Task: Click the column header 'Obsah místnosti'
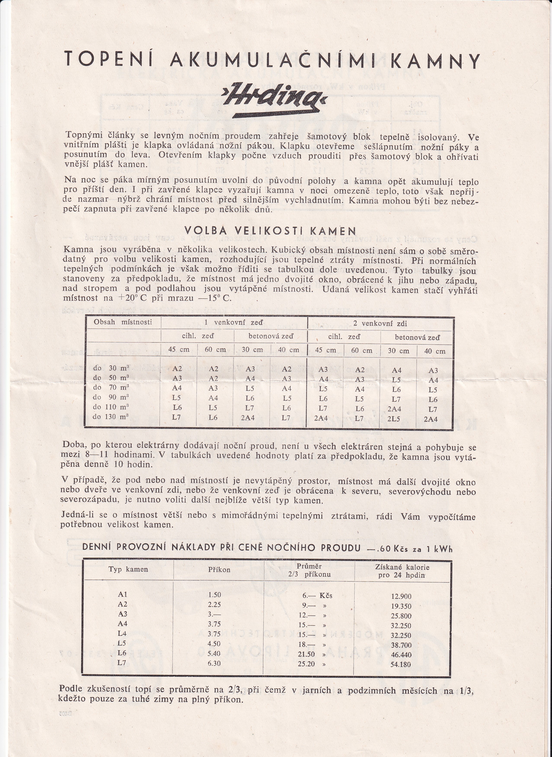(x=123, y=322)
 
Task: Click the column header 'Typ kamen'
(x=128, y=569)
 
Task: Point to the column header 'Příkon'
(x=219, y=569)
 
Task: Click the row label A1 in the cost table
(x=123, y=595)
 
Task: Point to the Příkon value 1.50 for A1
(x=214, y=595)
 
